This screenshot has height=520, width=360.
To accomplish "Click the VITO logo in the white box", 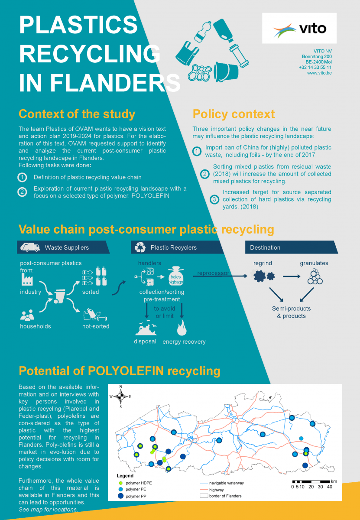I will (x=299, y=29).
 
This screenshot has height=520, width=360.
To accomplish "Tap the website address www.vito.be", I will (x=319, y=73).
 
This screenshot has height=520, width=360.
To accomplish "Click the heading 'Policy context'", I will (x=234, y=114).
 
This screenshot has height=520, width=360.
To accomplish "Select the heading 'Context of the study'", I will (x=77, y=114).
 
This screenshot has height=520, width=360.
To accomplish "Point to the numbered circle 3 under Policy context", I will (x=214, y=199).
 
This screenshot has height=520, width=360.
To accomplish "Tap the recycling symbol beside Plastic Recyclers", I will (x=140, y=247).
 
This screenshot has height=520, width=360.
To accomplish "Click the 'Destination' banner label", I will (x=265, y=247).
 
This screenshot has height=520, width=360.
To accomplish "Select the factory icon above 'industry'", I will (x=28, y=279).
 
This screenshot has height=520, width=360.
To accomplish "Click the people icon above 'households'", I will (x=27, y=315).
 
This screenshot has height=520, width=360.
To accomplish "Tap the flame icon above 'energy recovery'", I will (x=182, y=328).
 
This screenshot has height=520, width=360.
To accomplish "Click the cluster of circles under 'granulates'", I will (x=315, y=276).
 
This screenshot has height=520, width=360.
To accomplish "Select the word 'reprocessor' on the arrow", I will (x=213, y=273).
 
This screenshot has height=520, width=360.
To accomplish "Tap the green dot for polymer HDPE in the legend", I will (x=121, y=482).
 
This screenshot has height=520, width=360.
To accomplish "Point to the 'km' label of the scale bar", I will (x=334, y=481).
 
